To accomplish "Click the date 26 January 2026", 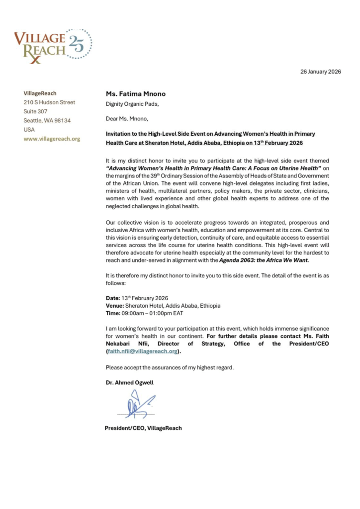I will click(320, 72).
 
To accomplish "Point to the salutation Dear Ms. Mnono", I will click(127, 119).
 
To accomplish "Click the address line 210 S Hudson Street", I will click(50, 102).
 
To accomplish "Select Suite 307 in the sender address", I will click(36, 111).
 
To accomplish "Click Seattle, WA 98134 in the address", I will click(47, 121).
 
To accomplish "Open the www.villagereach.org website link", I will click(52, 139).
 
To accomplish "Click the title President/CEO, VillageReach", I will click(143, 428).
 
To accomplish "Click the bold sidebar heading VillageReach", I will click(40, 93).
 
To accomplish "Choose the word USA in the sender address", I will click(29, 130).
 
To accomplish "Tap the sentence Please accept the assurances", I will click(169, 367).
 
